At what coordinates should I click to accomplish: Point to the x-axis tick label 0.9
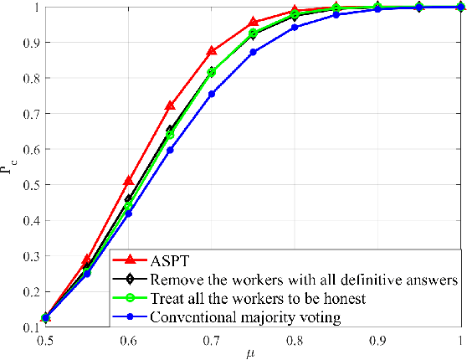pos(377,342)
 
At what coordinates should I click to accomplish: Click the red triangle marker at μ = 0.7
pos(212,51)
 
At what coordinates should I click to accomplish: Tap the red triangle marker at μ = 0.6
pos(128,181)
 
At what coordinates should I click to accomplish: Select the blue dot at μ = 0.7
pos(212,94)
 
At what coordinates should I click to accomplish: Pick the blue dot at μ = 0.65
pos(170,150)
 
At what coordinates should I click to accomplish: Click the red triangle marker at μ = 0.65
pos(170,105)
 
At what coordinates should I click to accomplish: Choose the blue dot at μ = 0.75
pos(254,52)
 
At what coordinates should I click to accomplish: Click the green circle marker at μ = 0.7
pos(212,72)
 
